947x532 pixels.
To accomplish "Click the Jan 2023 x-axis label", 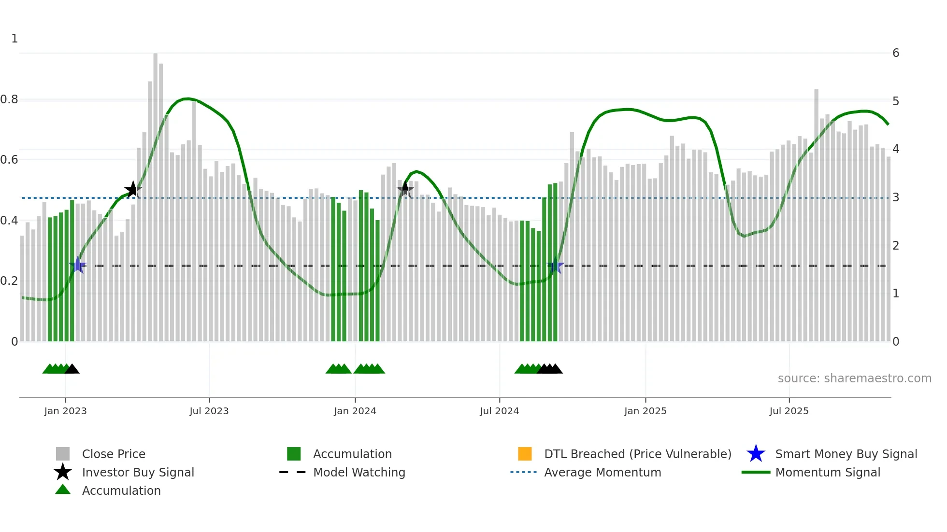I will point(65,411).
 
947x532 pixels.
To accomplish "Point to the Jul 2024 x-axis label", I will point(499,411).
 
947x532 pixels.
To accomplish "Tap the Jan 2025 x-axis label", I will point(645,411).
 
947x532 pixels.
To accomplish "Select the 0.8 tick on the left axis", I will point(9,99).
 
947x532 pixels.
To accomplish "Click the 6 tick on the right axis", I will point(895,53).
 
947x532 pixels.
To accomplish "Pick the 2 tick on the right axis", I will point(895,245).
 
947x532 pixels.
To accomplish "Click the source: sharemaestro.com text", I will point(854,378).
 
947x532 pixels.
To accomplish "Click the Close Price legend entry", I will point(113,454).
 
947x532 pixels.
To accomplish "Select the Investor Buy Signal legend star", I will point(63,472).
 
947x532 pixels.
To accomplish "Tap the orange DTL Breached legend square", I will point(525,454).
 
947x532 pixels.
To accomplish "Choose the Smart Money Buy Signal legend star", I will point(756,454).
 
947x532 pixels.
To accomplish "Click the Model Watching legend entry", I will point(359,472).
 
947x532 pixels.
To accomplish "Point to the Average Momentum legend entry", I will point(602,472).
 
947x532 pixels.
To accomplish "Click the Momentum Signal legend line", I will point(756,472).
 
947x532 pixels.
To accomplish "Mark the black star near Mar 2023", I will point(133,190).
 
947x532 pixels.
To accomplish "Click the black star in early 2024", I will point(405,189).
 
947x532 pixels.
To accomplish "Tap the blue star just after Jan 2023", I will point(78,265).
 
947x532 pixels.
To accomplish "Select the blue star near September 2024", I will point(555,266).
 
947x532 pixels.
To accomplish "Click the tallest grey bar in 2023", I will point(156,193).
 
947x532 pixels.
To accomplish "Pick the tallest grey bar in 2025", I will point(816,212).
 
